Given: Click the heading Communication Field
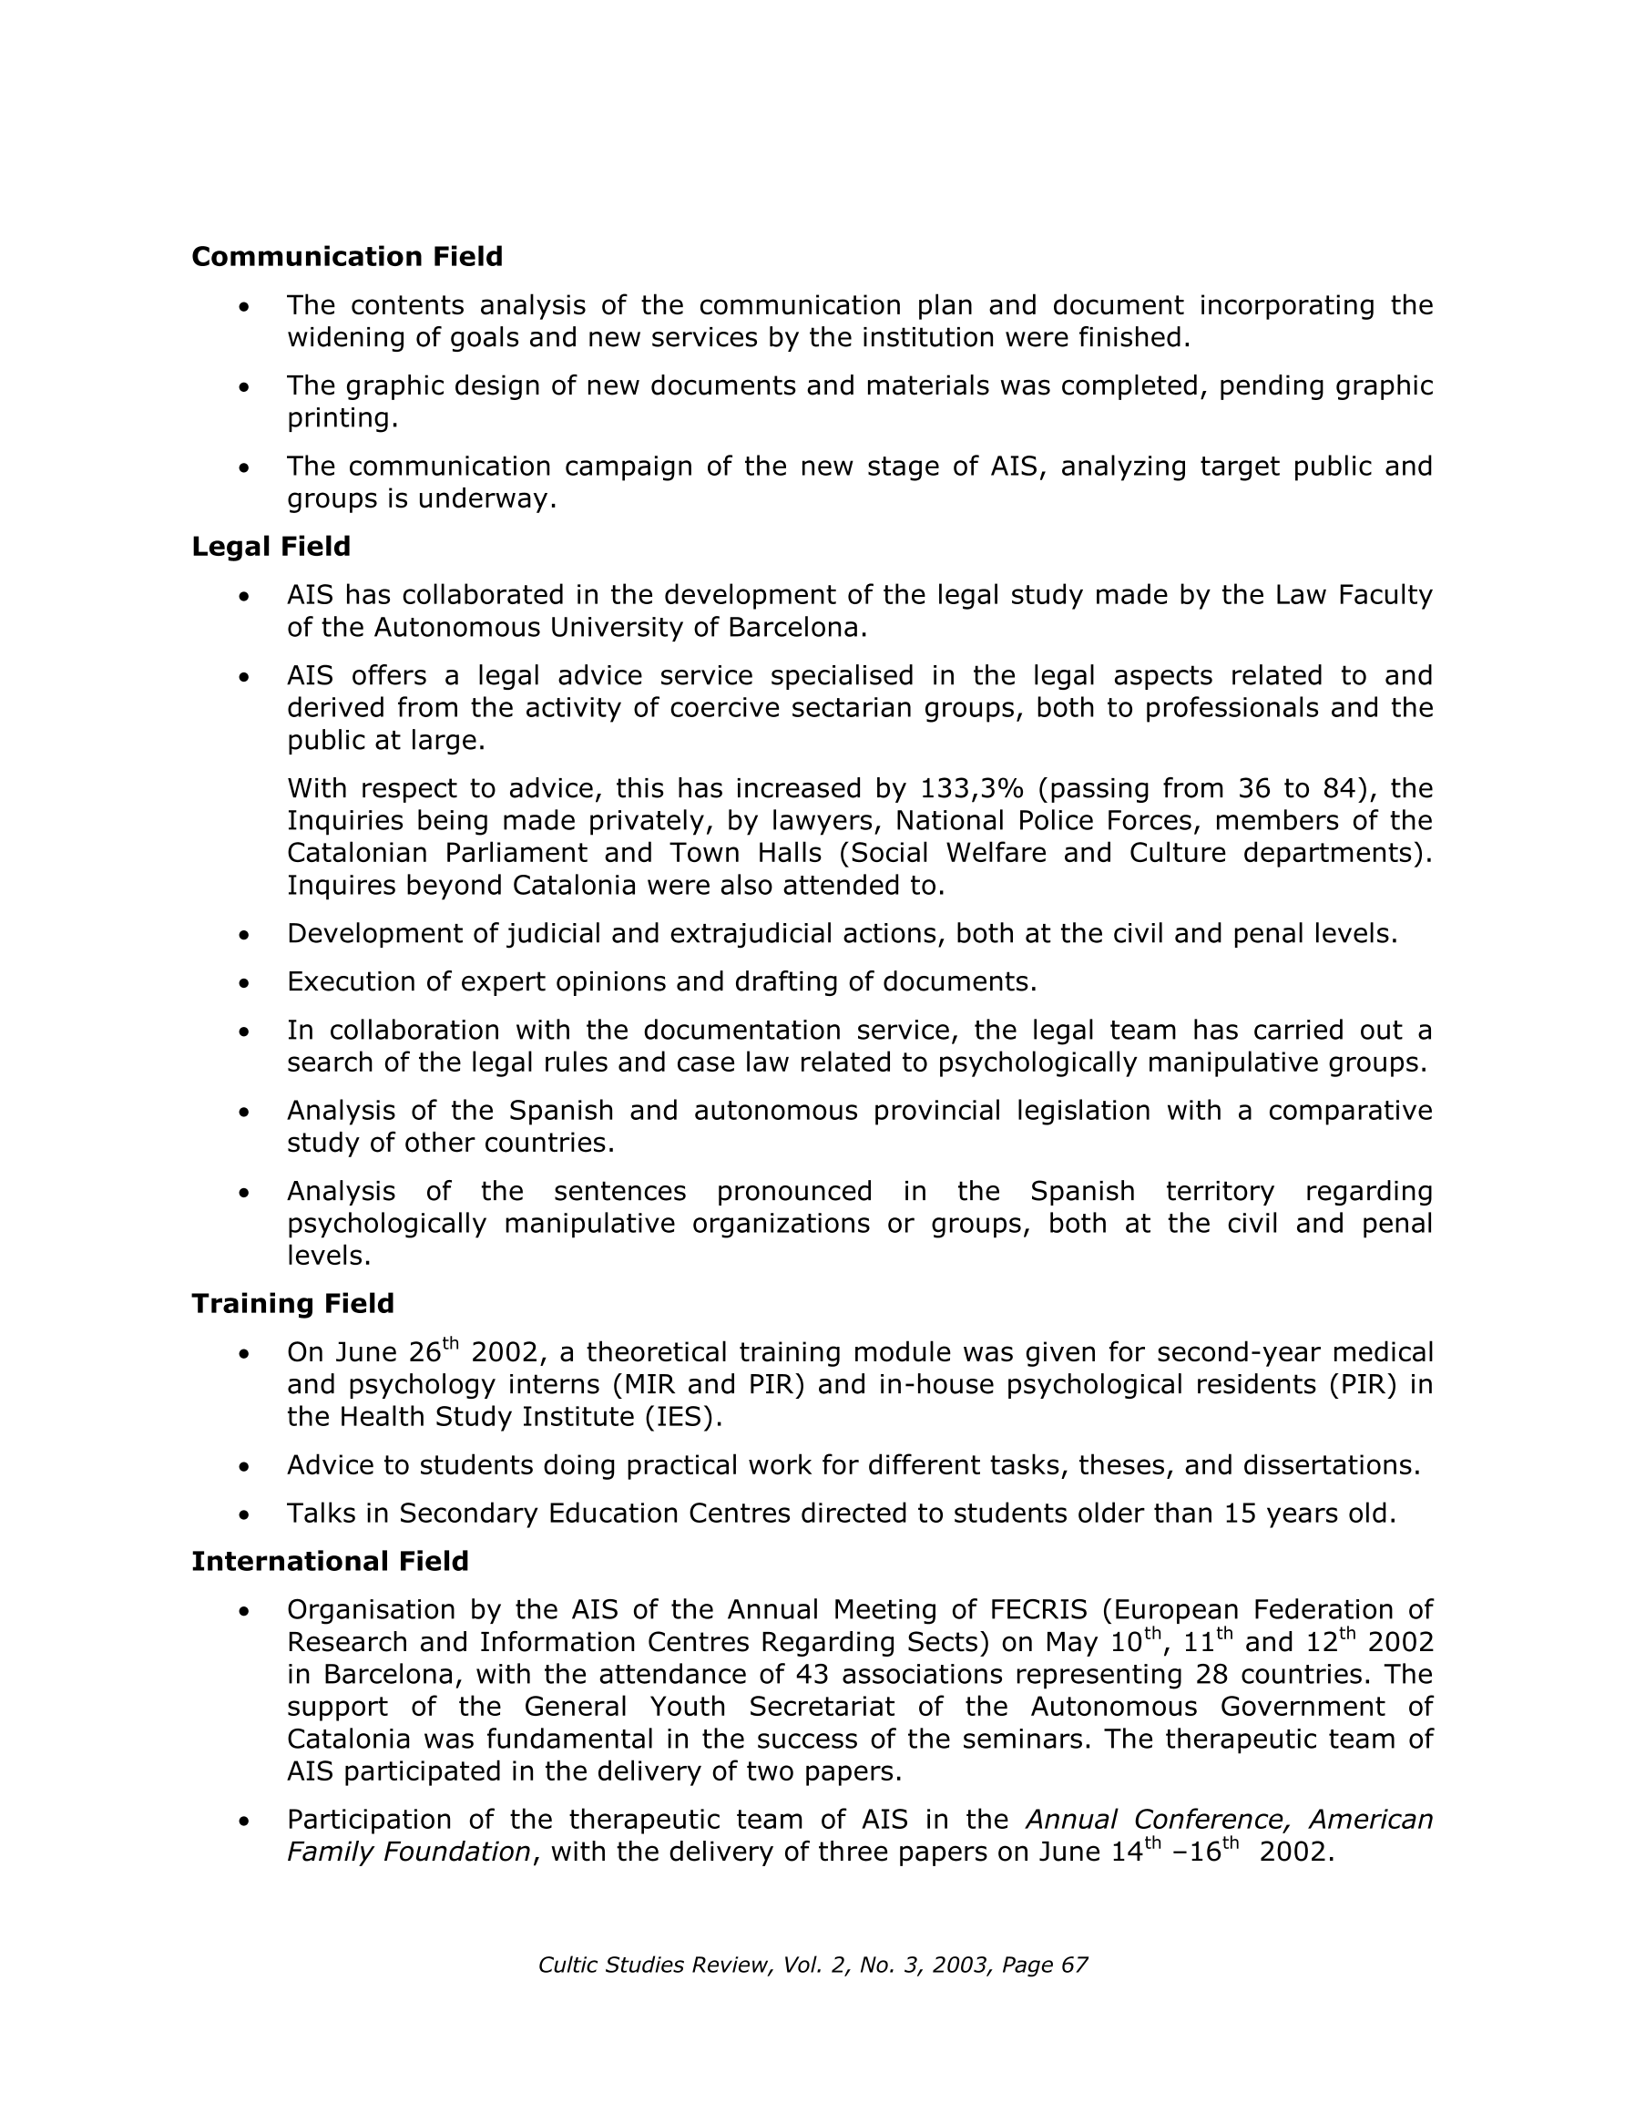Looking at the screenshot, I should click(347, 256).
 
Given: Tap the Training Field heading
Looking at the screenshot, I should click(292, 1303).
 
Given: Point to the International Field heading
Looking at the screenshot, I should click(330, 1561).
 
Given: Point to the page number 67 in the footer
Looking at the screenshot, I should click(1073, 1965).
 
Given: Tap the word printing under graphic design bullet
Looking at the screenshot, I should click(342, 418).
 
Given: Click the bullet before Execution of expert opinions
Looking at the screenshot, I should click(245, 983).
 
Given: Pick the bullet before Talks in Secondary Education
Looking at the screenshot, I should click(245, 1515).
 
